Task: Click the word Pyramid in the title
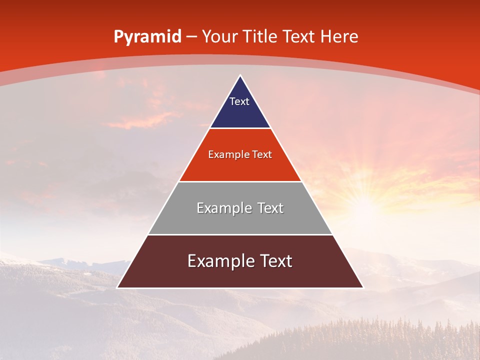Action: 147,37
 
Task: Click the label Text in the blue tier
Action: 239,101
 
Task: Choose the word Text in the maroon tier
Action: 275,261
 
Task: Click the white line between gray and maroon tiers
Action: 240,234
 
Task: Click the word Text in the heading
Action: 299,37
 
